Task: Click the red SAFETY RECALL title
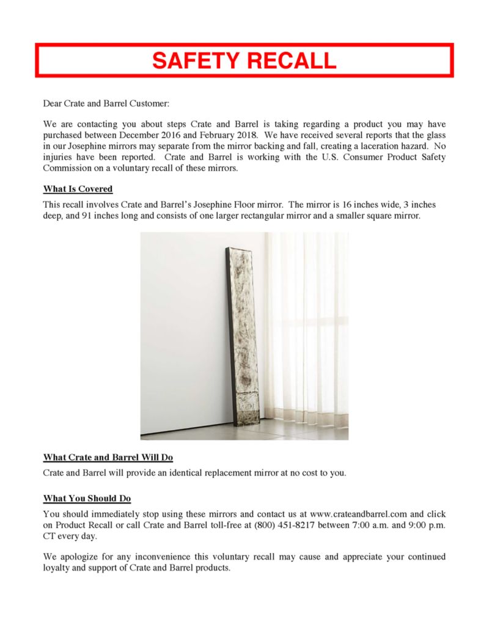tap(244, 60)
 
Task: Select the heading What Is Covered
tap(78, 189)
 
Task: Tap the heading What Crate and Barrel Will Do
tap(108, 458)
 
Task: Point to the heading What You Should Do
tap(87, 499)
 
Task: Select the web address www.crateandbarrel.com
tap(359, 514)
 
